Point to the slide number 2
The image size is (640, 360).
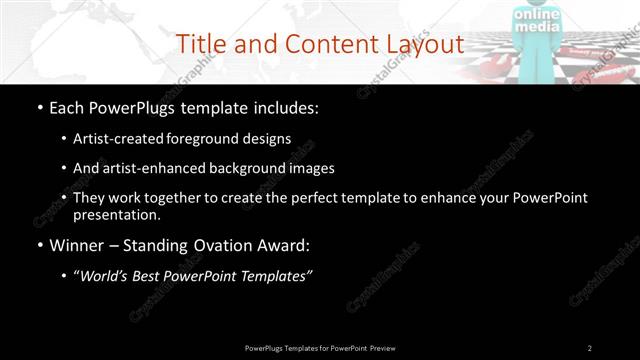(590, 347)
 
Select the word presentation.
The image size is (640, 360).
(116, 215)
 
